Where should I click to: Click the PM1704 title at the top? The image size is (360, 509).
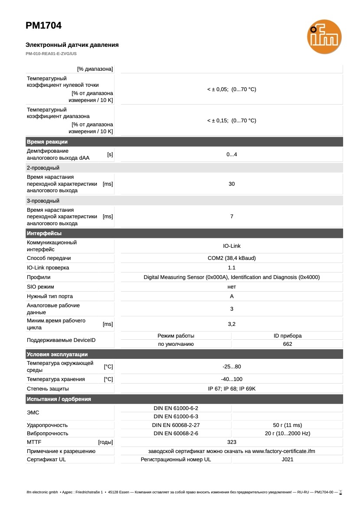click(x=43, y=26)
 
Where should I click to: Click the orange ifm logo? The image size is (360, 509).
click(x=324, y=37)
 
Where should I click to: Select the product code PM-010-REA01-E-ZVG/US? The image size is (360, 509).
click(x=51, y=54)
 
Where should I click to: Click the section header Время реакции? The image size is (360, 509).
click(x=47, y=142)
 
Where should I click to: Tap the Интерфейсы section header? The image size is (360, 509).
click(x=44, y=233)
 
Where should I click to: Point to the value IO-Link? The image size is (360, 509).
click(x=232, y=246)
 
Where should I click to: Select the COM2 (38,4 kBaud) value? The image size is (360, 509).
click(x=232, y=258)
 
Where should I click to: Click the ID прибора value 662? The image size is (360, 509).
click(x=287, y=344)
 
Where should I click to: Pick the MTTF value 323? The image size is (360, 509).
click(x=232, y=442)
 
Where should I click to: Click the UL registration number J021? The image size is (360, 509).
click(x=287, y=460)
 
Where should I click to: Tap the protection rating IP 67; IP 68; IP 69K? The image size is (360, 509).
click(x=232, y=389)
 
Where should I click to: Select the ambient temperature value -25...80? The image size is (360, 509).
click(x=232, y=367)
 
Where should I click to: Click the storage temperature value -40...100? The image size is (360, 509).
click(x=232, y=379)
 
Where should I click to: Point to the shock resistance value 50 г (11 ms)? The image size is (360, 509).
click(x=287, y=425)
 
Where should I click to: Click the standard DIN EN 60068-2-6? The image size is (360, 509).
click(x=176, y=433)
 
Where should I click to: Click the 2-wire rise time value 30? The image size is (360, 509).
click(x=232, y=184)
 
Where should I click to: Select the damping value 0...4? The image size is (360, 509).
click(x=232, y=154)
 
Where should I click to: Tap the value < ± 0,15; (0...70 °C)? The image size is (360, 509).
click(x=232, y=121)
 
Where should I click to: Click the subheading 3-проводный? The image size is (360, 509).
click(x=43, y=201)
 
